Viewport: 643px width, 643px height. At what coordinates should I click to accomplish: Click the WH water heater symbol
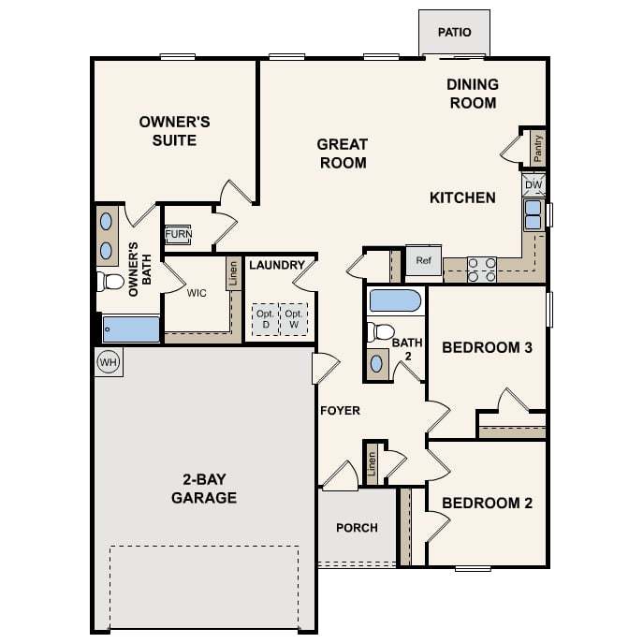pos(109,362)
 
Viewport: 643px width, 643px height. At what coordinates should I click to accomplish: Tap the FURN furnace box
pos(178,235)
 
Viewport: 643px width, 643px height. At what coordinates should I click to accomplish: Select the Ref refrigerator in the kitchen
pos(424,260)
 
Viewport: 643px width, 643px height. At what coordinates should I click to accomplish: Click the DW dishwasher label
pos(533,185)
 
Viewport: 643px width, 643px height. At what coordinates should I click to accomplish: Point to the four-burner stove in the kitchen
pos(482,270)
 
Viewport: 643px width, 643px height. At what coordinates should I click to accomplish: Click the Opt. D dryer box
pos(265,319)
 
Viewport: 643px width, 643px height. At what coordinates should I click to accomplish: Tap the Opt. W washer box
pos(294,319)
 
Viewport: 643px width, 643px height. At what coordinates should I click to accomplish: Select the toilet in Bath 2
pos(380,331)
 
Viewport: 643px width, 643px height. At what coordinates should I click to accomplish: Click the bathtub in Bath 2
pos(395,301)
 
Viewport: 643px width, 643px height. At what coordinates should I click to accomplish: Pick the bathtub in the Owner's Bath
pos(131,329)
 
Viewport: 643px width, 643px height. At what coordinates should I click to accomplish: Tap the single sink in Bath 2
pos(376,364)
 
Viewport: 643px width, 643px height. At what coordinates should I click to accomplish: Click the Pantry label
pos(537,149)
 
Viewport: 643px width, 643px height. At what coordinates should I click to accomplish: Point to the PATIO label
pos(454,32)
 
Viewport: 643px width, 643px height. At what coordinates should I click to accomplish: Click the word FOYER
pos(340,411)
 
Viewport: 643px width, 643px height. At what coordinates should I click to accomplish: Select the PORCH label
pos(358,527)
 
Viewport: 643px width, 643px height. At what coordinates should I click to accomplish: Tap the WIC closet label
pos(197,293)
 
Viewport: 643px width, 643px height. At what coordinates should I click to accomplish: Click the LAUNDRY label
pos(277,265)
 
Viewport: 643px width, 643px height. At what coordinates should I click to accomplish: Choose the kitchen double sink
pos(533,214)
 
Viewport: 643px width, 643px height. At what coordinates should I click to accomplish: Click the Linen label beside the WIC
pos(233,273)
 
